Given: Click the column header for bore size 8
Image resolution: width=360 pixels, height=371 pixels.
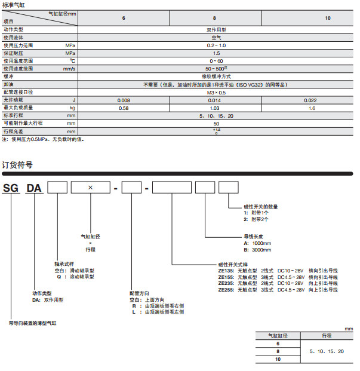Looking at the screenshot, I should click(216, 18).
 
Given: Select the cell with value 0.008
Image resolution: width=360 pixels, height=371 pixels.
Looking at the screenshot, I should click(124, 99).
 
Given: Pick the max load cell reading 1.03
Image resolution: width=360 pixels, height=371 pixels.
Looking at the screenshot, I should click(216, 107).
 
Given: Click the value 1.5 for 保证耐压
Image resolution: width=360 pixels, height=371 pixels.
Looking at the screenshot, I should click(216, 53).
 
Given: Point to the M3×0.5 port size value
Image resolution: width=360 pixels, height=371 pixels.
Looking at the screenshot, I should click(216, 92).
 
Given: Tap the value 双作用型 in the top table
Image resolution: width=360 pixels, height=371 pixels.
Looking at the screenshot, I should click(216, 29).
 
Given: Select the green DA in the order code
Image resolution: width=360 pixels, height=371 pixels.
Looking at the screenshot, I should click(34, 188).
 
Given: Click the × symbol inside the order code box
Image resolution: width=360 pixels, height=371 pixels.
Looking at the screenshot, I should click(90, 188).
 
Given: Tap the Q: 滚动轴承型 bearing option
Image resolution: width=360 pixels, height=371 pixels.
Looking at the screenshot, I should click(74, 277).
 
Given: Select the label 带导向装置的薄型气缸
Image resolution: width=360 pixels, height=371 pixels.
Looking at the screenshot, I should click(33, 323).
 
